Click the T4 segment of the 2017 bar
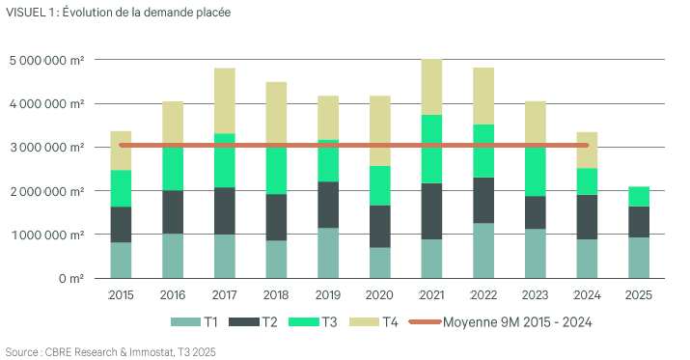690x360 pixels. click(225, 100)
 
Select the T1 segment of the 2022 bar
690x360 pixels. click(484, 250)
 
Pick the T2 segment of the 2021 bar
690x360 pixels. click(432, 211)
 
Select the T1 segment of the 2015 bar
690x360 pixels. click(121, 260)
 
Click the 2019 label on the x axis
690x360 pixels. click(328, 294)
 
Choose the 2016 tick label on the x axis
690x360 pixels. click(173, 294)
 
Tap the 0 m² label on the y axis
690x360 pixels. click(69, 278)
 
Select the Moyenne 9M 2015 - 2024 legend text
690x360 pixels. click(516, 322)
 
